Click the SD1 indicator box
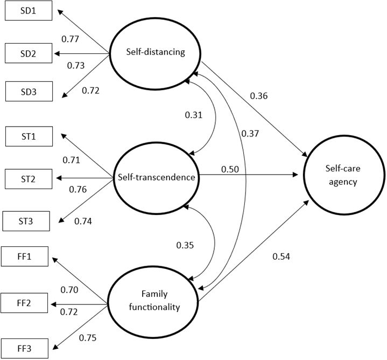(29, 10)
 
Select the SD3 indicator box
(29, 92)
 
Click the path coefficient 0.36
(258, 96)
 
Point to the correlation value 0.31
(194, 115)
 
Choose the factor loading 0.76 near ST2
(78, 189)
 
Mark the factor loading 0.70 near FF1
(69, 290)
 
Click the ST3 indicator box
(26, 220)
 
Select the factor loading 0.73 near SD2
(76, 65)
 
